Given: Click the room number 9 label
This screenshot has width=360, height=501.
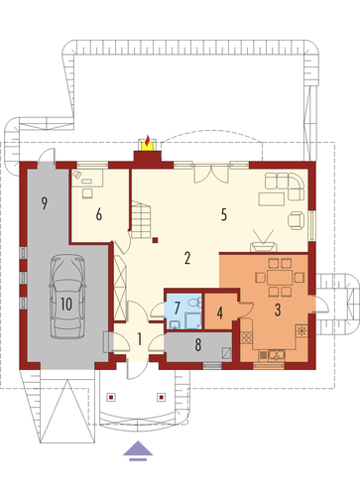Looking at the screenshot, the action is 44,202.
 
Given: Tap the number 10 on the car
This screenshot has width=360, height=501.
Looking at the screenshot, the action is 66,304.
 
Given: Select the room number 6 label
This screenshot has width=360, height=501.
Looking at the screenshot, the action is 99,215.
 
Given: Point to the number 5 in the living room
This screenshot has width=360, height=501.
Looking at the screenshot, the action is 224,215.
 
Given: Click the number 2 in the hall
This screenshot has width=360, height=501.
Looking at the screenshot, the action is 187,258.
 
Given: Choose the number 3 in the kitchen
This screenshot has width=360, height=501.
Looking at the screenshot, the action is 278,310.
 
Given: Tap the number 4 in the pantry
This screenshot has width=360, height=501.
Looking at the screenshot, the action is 220,313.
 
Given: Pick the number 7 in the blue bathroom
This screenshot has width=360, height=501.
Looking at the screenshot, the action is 177,308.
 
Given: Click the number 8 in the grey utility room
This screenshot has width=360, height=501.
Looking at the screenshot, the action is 198,344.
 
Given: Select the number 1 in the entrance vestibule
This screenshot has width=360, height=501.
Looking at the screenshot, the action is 140,339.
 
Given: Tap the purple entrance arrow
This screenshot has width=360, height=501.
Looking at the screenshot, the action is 138,448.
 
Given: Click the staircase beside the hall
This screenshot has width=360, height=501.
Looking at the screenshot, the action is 141,219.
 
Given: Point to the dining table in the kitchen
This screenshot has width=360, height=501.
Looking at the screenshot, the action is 280,278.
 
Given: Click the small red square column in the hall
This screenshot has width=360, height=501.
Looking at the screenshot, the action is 155,240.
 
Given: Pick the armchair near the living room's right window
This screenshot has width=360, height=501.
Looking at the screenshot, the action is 296,220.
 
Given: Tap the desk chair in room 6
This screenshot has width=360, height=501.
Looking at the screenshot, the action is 87,193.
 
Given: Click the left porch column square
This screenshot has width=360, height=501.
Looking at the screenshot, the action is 111,397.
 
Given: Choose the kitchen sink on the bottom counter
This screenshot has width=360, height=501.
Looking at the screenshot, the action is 277,355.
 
